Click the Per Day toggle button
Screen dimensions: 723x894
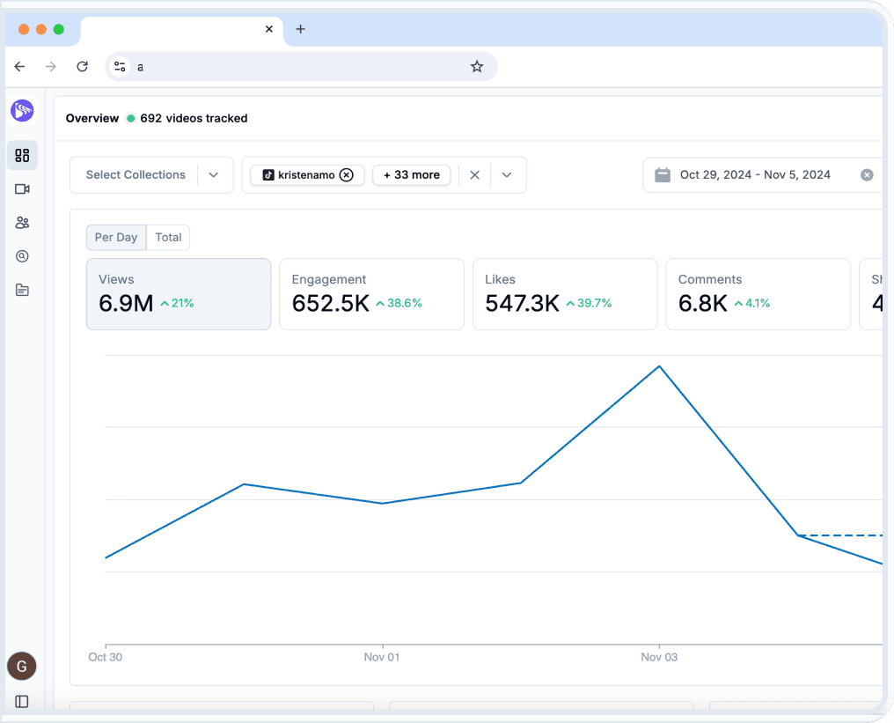coord(116,238)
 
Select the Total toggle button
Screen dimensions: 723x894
coord(168,238)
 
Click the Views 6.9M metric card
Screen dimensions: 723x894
coord(179,294)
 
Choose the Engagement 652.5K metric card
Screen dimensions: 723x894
coord(371,294)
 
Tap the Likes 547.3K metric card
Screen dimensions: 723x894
coord(565,294)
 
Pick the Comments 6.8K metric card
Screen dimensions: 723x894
coord(758,294)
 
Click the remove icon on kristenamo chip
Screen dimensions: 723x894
coord(347,175)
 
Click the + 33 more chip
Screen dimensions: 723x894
coord(412,175)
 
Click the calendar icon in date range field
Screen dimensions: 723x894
coord(663,175)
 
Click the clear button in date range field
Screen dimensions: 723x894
coord(867,175)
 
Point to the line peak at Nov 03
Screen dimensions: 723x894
coord(659,366)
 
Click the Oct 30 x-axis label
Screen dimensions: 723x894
coord(106,657)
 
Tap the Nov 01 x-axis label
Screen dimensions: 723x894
coord(382,657)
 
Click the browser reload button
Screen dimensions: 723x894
coord(82,67)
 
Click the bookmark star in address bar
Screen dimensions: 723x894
coord(477,67)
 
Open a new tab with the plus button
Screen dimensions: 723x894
coord(300,29)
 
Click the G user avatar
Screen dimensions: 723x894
coord(22,667)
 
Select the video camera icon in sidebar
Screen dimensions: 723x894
coord(22,189)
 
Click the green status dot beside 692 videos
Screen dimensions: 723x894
coord(131,118)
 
